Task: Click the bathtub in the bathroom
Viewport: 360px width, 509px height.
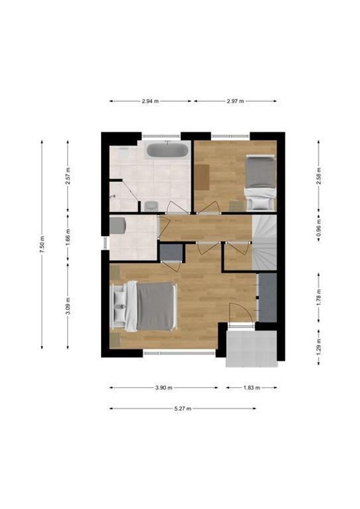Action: pyautogui.click(x=167, y=151)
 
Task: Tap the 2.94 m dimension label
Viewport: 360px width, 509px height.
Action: pyautogui.click(x=150, y=101)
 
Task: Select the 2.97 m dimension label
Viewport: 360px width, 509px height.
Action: pyautogui.click(x=235, y=101)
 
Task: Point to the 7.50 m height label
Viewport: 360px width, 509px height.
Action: pyautogui.click(x=42, y=245)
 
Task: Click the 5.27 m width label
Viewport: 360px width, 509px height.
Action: pyautogui.click(x=183, y=408)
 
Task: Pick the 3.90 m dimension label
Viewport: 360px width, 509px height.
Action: pyautogui.click(x=163, y=387)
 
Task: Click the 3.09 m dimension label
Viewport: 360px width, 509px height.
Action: pyautogui.click(x=67, y=306)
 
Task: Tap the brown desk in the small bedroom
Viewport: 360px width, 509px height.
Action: pyautogui.click(x=202, y=176)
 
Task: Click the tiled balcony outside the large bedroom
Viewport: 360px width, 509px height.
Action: pyautogui.click(x=252, y=348)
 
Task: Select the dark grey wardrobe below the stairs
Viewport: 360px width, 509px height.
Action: pyautogui.click(x=267, y=297)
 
